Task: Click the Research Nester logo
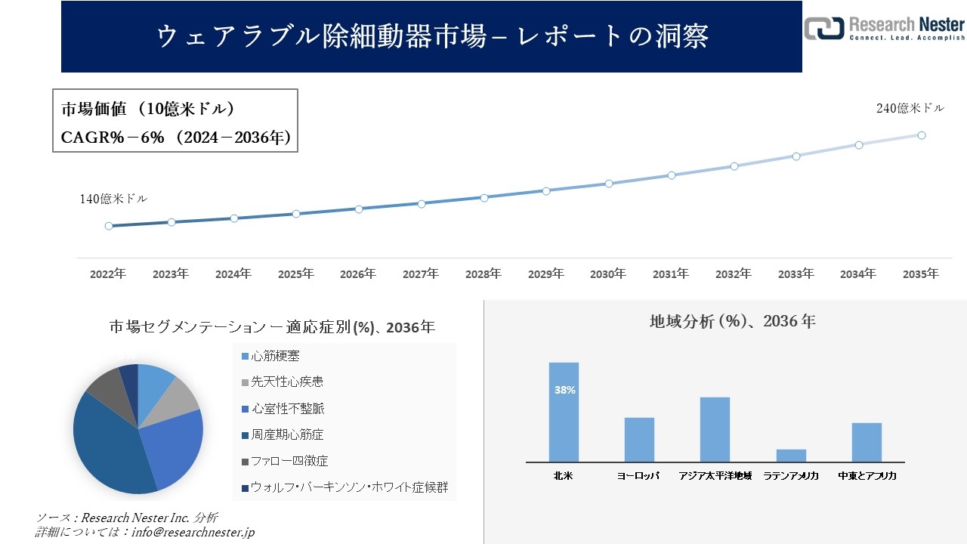884,28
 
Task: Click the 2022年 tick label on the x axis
108,274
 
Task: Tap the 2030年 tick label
608,274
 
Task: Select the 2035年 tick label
921,274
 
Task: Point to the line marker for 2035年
922,135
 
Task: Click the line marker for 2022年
109,226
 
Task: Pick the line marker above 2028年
484,198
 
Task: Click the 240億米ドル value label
910,108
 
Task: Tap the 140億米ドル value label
113,199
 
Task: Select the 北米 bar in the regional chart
564,412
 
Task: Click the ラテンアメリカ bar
791,455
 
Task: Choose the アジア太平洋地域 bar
715,429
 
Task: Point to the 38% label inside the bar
564,391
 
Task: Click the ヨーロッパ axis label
638,476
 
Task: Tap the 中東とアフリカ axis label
867,476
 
